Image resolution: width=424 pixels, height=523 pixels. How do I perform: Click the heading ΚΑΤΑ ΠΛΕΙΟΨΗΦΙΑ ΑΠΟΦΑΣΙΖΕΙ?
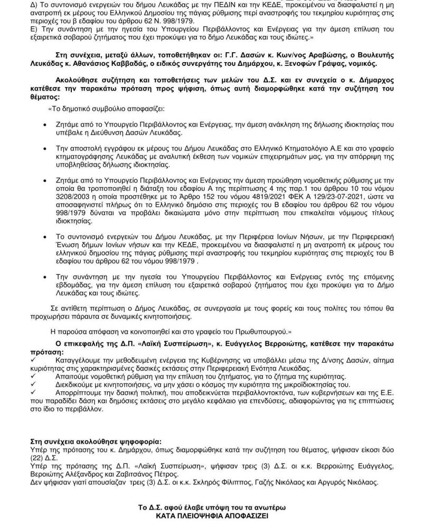(211, 517)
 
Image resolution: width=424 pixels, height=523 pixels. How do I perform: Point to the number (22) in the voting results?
(38, 458)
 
